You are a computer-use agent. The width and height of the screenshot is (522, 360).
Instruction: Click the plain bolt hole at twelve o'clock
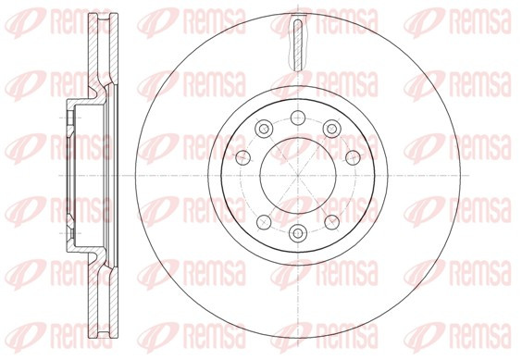click(x=298, y=118)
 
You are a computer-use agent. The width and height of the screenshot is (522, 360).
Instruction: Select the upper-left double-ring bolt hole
click(x=264, y=129)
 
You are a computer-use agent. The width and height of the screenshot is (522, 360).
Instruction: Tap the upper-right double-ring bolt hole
click(x=331, y=129)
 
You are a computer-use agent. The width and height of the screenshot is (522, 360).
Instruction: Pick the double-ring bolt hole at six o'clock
click(x=298, y=233)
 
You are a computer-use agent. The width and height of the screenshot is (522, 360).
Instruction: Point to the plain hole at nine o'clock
click(x=242, y=157)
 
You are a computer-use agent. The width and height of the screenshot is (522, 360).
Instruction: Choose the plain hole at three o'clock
click(x=353, y=157)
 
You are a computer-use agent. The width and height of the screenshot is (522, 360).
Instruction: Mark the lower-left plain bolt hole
click(x=264, y=222)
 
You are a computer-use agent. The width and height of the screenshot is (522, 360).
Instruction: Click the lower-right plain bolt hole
click(x=331, y=222)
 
